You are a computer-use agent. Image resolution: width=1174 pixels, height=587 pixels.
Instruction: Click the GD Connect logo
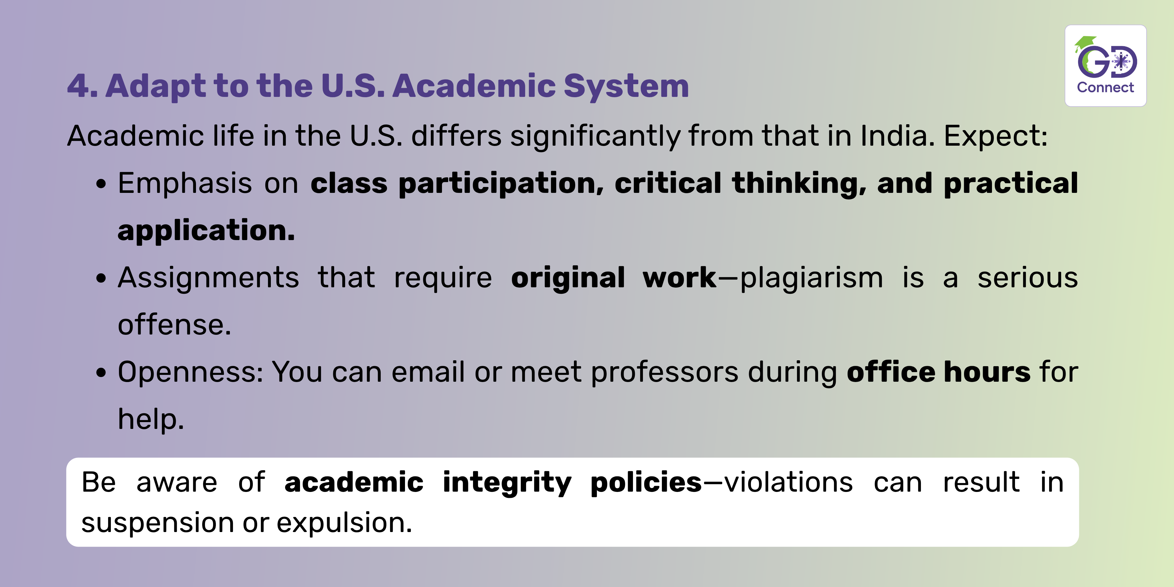1106,66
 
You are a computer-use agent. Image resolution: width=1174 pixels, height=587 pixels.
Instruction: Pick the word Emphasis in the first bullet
184,183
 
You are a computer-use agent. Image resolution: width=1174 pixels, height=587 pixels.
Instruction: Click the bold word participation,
501,183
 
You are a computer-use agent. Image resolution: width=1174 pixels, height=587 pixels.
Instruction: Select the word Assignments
208,278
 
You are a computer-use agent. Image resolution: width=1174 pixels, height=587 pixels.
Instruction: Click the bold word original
568,278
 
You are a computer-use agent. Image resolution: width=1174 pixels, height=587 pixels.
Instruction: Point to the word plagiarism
812,278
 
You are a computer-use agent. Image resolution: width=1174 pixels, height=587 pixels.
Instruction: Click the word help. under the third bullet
151,419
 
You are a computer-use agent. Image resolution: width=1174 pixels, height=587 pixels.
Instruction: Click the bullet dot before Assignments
101,279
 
